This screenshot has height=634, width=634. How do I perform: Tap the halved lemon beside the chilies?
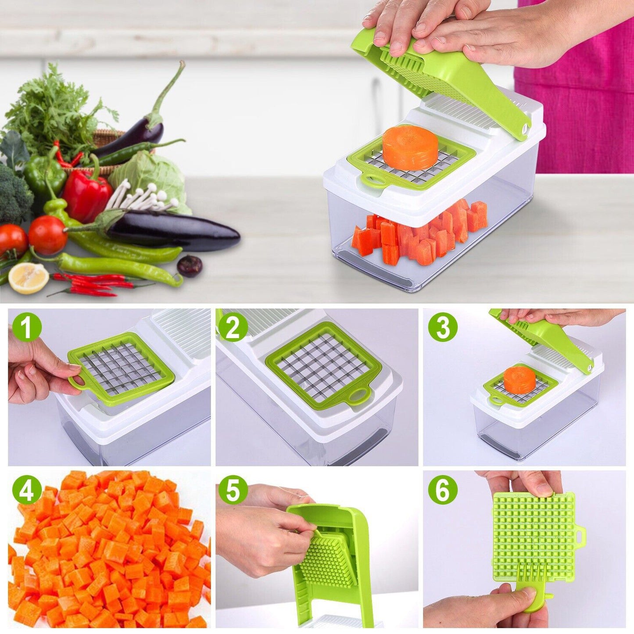point(29,278)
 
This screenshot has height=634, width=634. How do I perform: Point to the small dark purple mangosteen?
point(190,266)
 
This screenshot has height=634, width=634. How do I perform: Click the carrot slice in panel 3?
point(519,380)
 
